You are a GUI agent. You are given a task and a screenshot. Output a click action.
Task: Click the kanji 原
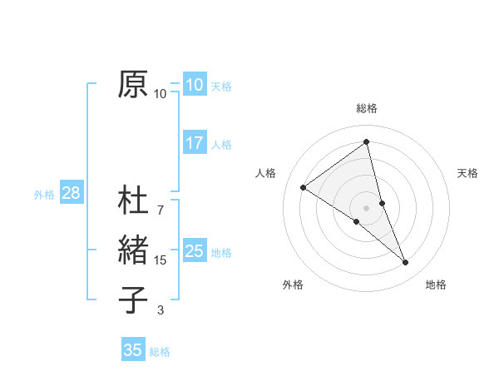coord(133,84)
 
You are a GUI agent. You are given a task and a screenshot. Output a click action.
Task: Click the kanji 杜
coord(133,201)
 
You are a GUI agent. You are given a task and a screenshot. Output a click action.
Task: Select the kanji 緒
coord(133,250)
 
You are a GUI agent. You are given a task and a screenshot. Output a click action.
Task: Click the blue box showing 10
coord(194,84)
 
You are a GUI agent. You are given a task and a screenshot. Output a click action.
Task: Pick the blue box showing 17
coord(194,143)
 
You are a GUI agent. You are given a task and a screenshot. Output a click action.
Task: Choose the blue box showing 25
coord(194,250)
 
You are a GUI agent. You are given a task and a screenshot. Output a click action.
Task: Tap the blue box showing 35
coord(133,350)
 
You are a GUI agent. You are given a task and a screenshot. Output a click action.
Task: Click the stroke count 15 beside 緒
coord(161,260)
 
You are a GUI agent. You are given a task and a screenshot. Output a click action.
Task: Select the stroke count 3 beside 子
coord(161,310)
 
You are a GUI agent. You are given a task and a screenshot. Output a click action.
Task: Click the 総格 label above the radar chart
coord(366,108)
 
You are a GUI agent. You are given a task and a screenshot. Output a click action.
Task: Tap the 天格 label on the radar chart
coord(467,173)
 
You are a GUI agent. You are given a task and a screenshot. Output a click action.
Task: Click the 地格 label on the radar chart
coord(436,285)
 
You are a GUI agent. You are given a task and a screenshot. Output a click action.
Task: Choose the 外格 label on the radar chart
coord(293,285)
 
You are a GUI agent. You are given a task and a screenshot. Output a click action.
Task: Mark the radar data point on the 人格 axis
coord(304,187)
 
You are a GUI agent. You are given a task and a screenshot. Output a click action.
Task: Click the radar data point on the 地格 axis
coord(406,263)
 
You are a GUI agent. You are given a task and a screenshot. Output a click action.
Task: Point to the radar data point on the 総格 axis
coord(366,141)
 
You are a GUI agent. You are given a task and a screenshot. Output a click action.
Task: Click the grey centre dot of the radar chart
coord(366,206)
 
